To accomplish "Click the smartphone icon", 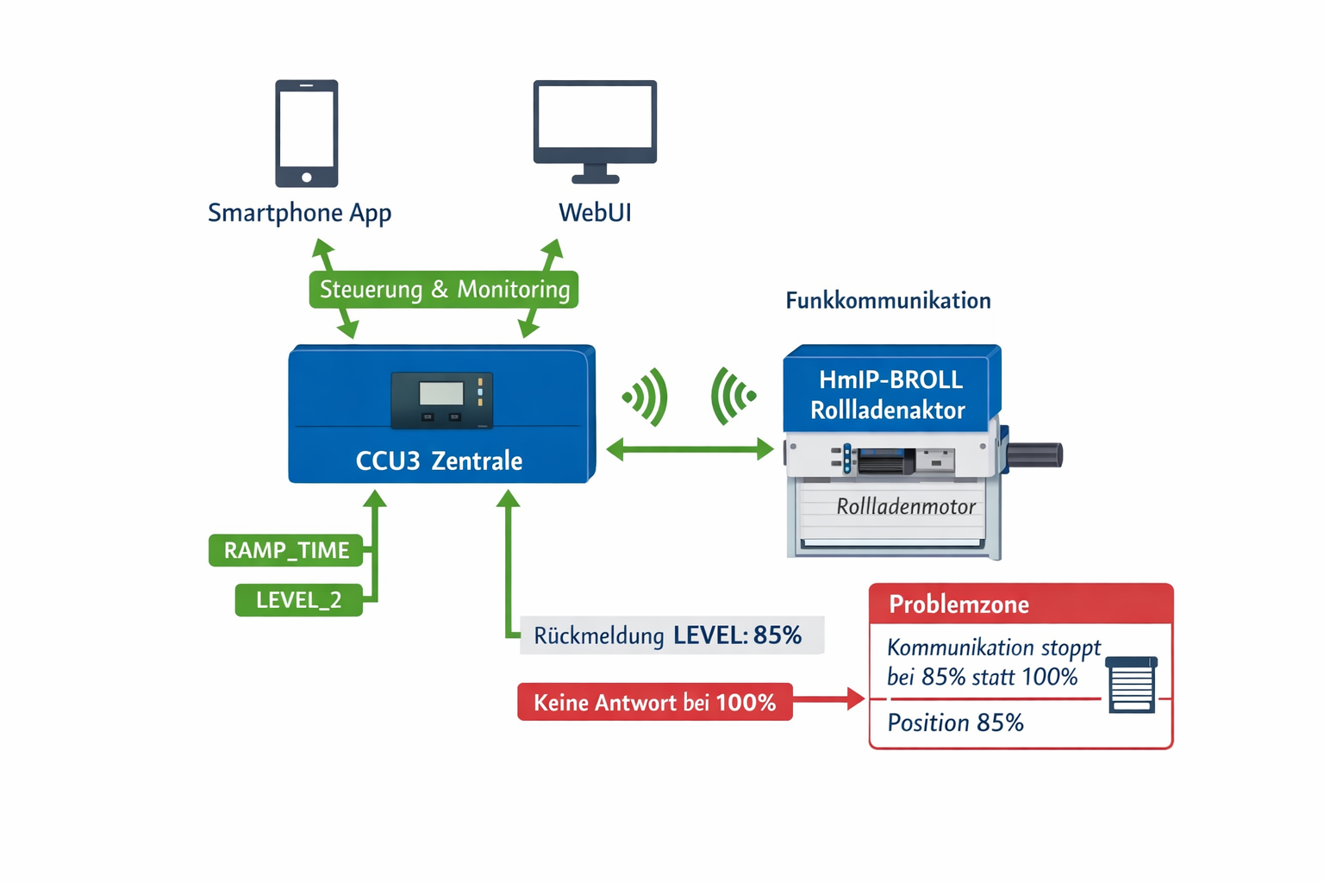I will [306, 134].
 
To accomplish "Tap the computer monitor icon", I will [595, 129].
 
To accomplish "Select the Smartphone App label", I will [299, 212].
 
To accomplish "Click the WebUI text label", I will [595, 212].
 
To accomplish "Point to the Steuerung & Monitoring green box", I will [444, 290].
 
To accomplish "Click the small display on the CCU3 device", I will [441, 394].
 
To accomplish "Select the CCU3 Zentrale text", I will [439, 460].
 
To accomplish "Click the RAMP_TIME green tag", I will [286, 550].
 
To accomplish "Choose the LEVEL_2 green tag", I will [298, 599].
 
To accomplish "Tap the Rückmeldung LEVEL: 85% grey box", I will [671, 636].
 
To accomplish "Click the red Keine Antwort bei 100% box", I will [654, 702].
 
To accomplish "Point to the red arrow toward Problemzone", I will [829, 699].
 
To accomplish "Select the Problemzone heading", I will [959, 604].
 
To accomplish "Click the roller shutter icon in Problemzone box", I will [1131, 685].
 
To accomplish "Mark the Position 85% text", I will [955, 723].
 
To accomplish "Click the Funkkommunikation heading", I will [888, 300].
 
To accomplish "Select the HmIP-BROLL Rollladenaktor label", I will [890, 395].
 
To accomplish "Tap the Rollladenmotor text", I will [905, 506].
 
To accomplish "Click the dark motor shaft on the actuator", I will [1034, 454].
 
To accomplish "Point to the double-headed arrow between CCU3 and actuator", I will [690, 449].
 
